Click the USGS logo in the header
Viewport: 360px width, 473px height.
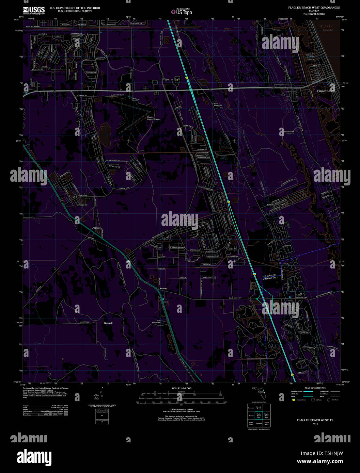pyautogui.click(x=34, y=10)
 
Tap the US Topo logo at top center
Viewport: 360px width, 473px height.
pyautogui.click(x=182, y=12)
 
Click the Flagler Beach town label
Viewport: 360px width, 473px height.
pyautogui.click(x=326, y=91)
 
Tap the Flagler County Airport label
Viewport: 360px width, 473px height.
pyautogui.click(x=153, y=118)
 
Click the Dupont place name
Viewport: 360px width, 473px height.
pyautogui.click(x=95, y=228)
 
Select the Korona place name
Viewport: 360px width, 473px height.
pyautogui.click(x=163, y=289)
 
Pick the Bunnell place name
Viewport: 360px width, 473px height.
pyautogui.click(x=108, y=323)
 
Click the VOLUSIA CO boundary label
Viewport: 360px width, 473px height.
pyautogui.click(x=269, y=278)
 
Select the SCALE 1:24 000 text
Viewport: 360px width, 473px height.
pyautogui.click(x=181, y=388)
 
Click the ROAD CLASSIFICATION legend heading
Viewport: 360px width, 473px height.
pyautogui.click(x=315, y=388)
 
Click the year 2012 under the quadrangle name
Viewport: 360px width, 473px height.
pyautogui.click(x=315, y=424)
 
